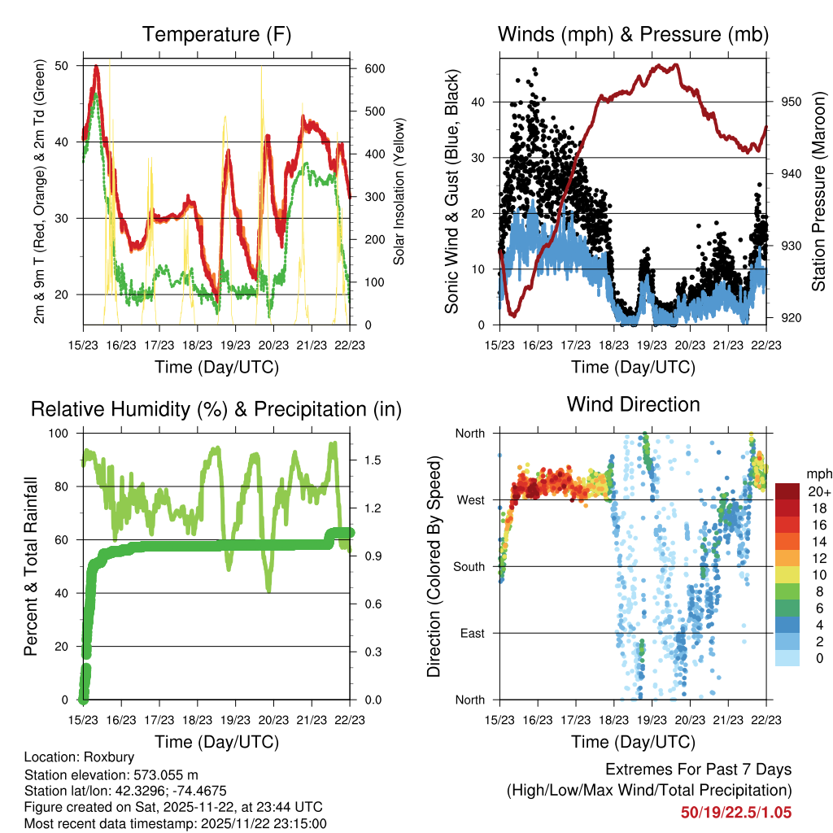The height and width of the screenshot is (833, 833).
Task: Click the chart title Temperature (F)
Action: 216,34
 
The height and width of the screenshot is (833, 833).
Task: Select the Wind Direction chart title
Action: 633,404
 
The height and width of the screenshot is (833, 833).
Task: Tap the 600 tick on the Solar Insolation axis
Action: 374,69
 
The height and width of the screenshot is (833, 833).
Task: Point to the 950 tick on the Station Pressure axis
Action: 792,102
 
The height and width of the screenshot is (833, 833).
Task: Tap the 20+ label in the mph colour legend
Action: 819,491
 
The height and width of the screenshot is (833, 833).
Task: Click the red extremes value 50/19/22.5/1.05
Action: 736,812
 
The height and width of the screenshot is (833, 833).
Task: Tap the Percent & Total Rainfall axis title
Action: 31,567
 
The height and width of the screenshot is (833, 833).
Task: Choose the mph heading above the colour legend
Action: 818,473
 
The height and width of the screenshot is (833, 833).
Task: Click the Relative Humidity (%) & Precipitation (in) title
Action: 216,409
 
